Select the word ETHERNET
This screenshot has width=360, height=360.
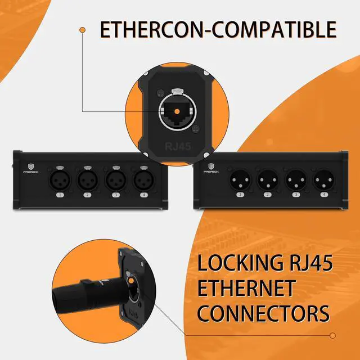[x=246, y=288]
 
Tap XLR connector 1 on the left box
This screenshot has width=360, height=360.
[x=60, y=181]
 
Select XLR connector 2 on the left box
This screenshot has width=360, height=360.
[x=87, y=181]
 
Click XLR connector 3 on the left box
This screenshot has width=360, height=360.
[x=115, y=181]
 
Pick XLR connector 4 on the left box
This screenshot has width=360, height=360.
[x=142, y=181]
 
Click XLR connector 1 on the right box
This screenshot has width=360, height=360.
[x=238, y=182]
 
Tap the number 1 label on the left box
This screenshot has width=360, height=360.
[x=60, y=195]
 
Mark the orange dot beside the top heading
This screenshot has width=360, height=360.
[x=83, y=29]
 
